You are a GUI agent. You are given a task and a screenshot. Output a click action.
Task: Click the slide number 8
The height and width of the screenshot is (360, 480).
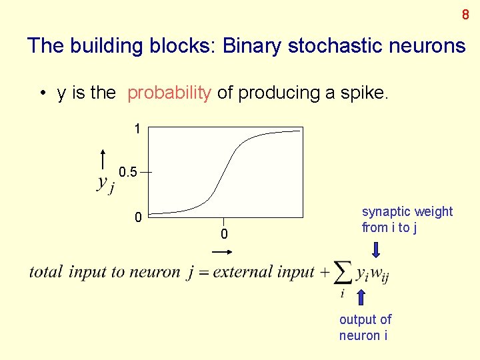pos(465,15)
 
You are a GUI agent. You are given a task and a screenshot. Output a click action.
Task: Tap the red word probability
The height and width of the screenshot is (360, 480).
pos(169,93)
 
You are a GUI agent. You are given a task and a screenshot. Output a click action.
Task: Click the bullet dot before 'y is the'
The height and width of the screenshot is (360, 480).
pos(43,94)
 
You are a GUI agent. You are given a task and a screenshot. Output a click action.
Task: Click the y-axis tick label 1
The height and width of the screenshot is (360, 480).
pos(137,129)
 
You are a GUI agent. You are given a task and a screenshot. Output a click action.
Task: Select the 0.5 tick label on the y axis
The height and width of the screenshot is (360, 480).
pos(128,173)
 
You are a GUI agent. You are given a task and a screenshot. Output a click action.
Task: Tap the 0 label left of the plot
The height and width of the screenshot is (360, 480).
pos(137,217)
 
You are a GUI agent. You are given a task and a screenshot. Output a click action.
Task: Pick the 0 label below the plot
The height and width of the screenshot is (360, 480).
pos(224,234)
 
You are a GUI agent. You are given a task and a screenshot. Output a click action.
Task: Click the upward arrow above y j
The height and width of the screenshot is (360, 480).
pos(103,161)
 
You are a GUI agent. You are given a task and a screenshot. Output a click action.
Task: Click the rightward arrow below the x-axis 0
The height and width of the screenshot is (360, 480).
pos(222,251)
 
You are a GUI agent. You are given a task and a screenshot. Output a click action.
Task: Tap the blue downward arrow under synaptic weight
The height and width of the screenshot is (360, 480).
pos(376,249)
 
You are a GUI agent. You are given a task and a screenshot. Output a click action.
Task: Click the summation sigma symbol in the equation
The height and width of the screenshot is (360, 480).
pos(343,273)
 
